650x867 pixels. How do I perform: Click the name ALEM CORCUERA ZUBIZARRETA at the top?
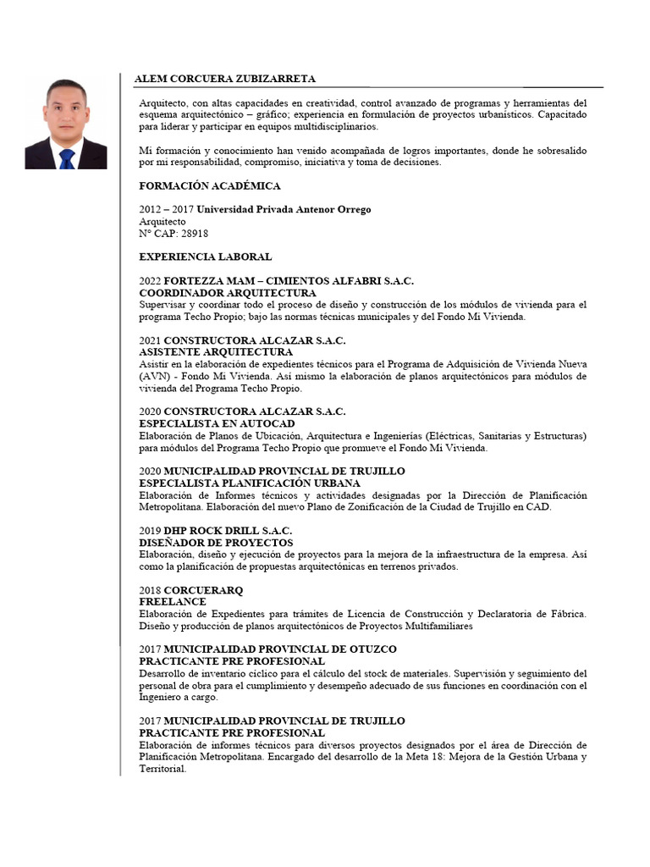point(224,79)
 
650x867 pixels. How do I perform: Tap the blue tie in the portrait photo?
point(67,157)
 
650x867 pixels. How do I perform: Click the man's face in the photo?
point(66,111)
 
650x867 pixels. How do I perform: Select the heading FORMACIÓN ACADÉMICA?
point(209,185)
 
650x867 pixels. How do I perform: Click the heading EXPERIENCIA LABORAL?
point(205,256)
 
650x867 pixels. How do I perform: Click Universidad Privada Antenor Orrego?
point(280,209)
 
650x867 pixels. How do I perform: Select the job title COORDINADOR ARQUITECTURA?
point(215,292)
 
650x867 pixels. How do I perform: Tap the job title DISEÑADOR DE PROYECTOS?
point(216,542)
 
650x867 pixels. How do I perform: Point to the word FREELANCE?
point(173,601)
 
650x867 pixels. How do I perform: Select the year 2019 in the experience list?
point(150,530)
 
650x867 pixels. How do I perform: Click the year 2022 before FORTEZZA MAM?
point(150,280)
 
